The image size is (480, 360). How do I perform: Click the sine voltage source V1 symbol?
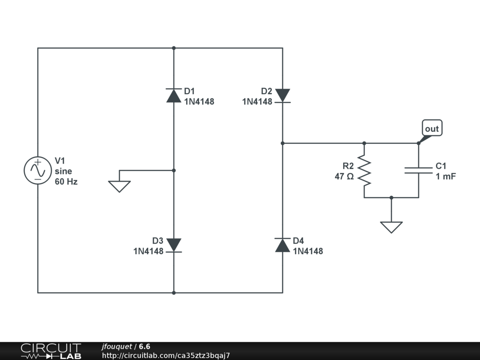pos(37,170)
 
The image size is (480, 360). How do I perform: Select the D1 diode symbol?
pos(174,96)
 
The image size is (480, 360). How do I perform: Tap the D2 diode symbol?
pos(283,96)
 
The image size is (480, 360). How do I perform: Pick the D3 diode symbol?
pos(174,245)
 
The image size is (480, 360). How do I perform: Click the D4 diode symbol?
pos(283,245)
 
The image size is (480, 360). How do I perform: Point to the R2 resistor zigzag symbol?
pos(364,171)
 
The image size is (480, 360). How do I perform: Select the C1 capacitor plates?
pos(419,171)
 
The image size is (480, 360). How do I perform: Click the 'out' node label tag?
pos(432,128)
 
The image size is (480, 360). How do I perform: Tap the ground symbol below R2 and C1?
pos(391,227)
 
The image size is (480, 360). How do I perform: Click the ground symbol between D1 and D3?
pos(120,186)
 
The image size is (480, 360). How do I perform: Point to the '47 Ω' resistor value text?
pos(344,177)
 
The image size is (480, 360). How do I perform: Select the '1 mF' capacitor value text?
pos(445,177)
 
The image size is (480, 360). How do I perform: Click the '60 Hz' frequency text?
pos(66,182)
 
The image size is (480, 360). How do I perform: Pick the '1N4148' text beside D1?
pos(199,101)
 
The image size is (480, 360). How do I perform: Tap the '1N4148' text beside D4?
pos(308,251)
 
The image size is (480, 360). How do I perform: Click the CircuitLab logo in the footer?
pos(51,351)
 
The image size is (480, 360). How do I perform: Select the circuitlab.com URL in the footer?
pos(166,355)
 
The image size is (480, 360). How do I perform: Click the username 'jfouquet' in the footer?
pos(117,346)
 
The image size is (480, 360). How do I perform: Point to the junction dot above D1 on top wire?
pos(174,48)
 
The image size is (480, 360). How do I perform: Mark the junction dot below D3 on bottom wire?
pos(174,293)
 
